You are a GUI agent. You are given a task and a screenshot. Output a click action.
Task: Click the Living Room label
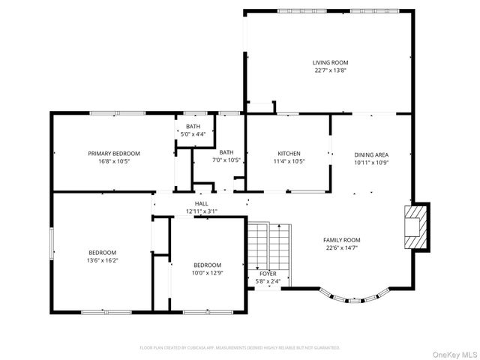330,63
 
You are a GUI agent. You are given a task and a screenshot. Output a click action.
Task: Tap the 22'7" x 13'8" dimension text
330,70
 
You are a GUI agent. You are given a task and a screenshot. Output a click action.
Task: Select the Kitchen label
289,154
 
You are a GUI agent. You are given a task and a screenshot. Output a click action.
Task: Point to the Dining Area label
371,154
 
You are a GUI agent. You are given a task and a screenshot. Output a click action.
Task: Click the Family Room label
342,240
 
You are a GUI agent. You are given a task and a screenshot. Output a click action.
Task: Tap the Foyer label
268,274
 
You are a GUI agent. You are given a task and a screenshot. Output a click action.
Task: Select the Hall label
202,204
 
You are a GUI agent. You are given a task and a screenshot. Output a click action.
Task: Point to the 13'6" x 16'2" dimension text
103,260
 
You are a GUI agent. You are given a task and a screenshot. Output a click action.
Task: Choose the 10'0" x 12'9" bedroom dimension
207,272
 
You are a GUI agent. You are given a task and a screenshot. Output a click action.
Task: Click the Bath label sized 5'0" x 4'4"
193,126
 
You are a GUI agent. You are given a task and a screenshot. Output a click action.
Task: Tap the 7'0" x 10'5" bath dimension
226,160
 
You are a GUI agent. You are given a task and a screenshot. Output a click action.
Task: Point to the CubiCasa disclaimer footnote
240,348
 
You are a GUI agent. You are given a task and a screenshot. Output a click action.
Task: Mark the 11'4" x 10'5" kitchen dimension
289,160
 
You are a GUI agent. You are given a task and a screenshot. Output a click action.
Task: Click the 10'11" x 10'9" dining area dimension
371,161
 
